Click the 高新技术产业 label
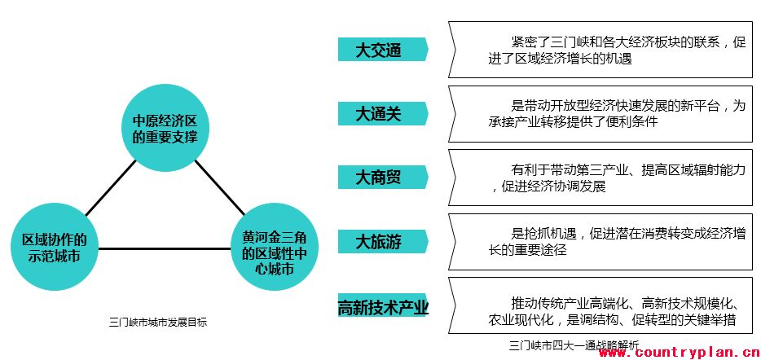click(x=383, y=308)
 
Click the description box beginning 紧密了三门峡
click(x=601, y=50)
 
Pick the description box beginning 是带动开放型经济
click(x=601, y=114)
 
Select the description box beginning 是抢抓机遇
click(x=601, y=241)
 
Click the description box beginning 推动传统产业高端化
click(x=601, y=305)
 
